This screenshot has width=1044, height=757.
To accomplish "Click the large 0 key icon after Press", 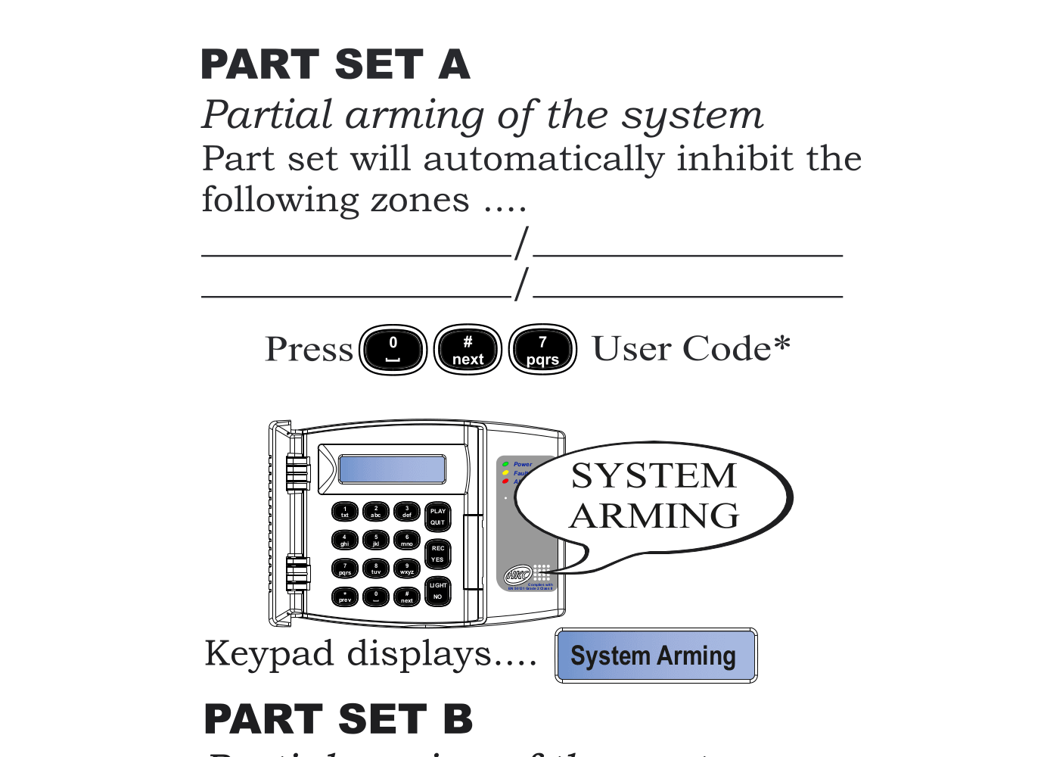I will (x=393, y=350).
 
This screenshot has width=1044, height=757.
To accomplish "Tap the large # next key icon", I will (x=468, y=350).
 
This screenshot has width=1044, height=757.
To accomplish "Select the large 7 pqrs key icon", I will (x=542, y=350).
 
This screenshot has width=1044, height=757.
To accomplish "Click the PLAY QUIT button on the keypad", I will (x=437, y=516).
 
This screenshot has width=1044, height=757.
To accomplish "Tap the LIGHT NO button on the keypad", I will (x=437, y=590).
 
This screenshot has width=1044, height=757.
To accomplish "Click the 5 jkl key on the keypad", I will (x=376, y=540).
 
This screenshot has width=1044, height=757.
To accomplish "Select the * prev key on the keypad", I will (x=345, y=597).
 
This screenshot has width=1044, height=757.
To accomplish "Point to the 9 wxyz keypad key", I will (x=407, y=569).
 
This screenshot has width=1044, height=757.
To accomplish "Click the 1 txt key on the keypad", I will (x=345, y=512).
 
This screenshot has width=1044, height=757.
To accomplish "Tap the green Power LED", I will (x=505, y=464).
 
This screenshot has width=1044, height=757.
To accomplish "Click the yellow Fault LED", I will (x=505, y=473).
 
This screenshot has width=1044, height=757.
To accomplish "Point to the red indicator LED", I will (x=505, y=481).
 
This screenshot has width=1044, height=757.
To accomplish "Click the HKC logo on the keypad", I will (x=518, y=575).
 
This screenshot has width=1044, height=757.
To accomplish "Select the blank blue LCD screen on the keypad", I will (x=392, y=469).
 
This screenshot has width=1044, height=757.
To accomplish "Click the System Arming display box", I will (x=655, y=656).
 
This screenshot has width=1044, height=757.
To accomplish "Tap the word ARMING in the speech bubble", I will (x=654, y=516).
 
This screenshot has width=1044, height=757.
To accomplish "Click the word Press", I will (x=309, y=350).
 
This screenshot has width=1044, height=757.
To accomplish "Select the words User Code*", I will (x=691, y=349).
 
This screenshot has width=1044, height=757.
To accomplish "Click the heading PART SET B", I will (x=338, y=719).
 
